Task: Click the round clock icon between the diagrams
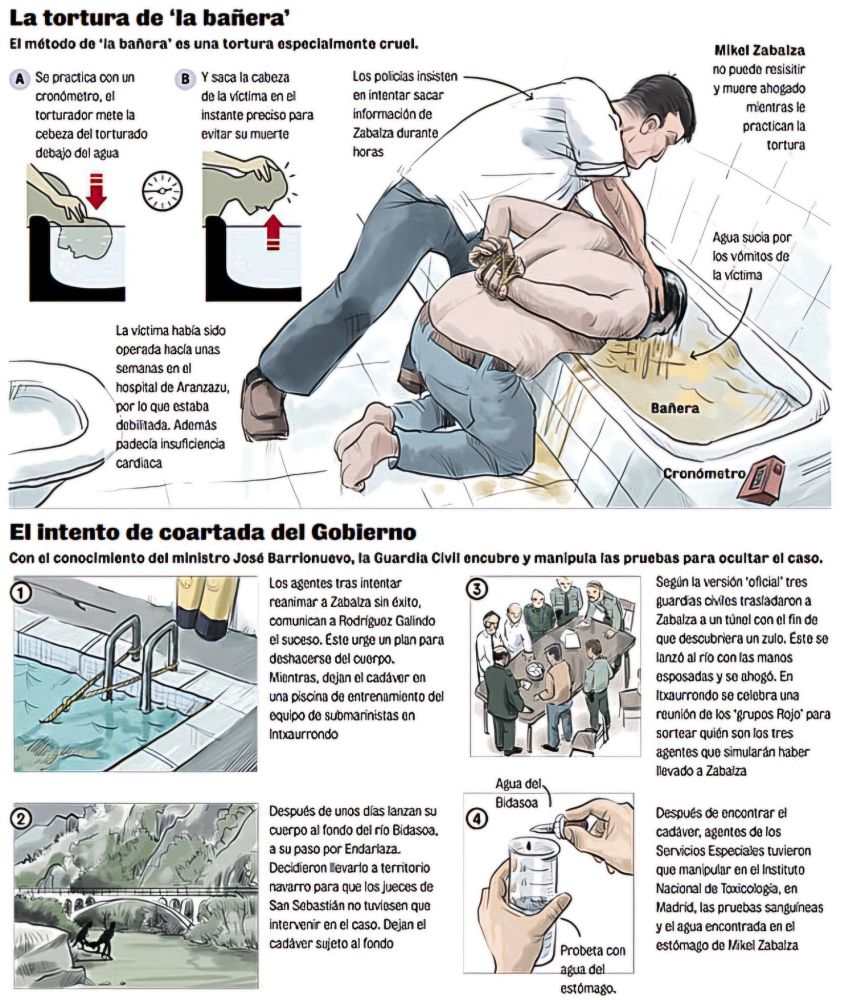pos(163,191)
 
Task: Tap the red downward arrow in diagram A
pos(96,190)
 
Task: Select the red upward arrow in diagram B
pos(273,232)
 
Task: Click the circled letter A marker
pos(20,79)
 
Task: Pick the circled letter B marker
pos(186,79)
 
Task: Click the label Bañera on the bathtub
pos(675,408)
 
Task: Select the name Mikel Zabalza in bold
pos(759,50)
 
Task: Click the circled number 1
pos(22,593)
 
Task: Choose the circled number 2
pos(22,819)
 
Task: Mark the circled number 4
pos(478,819)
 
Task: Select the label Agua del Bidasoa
pos(519,793)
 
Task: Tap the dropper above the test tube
pos(562,825)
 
